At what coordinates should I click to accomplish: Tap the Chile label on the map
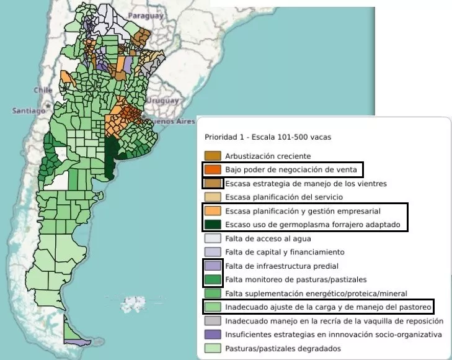(x=43, y=90)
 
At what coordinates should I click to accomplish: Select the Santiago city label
(x=25, y=110)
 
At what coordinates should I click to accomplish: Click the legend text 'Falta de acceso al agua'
(x=268, y=238)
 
